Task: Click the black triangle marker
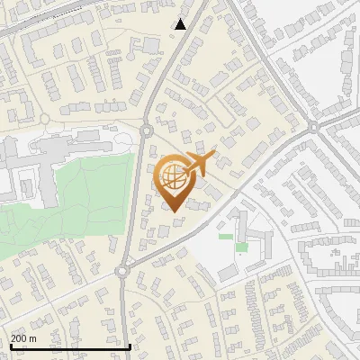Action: click(x=181, y=24)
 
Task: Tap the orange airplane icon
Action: click(x=198, y=165)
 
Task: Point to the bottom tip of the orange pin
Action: click(x=172, y=211)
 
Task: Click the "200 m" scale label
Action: click(x=23, y=338)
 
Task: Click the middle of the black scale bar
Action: click(x=70, y=346)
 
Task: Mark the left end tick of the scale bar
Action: click(x=10, y=345)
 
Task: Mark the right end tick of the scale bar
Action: click(x=130, y=345)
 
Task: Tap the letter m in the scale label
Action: click(x=32, y=338)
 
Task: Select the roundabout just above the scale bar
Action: click(x=121, y=271)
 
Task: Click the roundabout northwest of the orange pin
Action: click(x=146, y=133)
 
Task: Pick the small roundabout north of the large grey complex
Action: click(x=43, y=119)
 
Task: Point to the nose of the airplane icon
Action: click(x=214, y=157)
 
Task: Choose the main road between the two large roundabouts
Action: click(x=132, y=202)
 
